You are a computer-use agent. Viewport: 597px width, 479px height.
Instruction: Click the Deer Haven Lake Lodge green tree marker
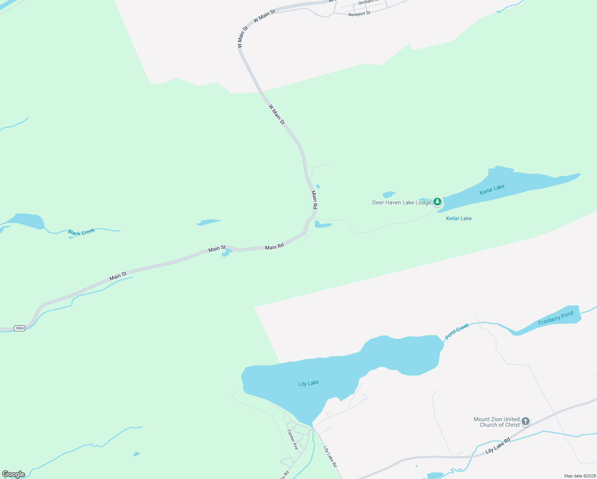[437, 202]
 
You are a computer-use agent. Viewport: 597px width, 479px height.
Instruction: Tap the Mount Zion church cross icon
[526, 421]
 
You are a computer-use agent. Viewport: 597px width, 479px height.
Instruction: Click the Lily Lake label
[308, 383]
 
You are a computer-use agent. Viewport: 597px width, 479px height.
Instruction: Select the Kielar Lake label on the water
[492, 189]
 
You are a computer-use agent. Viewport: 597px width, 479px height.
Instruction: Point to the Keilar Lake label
[459, 218]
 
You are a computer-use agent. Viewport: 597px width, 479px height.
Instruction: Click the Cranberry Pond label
[555, 318]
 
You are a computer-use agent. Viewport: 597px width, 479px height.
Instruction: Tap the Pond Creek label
[457, 332]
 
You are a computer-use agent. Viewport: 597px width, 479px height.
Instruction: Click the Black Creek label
[81, 232]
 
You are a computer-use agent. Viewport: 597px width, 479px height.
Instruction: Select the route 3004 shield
[19, 328]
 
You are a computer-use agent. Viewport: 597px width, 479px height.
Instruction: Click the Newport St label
[359, 14]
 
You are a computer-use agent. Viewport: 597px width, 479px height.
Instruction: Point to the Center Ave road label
[293, 439]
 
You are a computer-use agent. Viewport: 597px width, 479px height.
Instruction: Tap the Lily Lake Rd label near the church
[498, 446]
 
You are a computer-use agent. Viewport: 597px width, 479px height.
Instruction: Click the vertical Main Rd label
[314, 200]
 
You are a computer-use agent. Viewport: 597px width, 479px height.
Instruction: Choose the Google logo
[14, 474]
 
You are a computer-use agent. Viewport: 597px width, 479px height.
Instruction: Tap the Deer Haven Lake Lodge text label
[401, 202]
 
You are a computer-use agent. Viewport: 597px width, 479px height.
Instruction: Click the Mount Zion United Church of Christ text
[497, 422]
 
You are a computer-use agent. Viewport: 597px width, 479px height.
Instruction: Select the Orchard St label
[366, 2]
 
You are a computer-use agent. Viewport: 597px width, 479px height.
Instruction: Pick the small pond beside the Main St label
[226, 253]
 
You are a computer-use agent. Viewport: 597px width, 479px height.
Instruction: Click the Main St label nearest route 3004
[118, 275]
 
